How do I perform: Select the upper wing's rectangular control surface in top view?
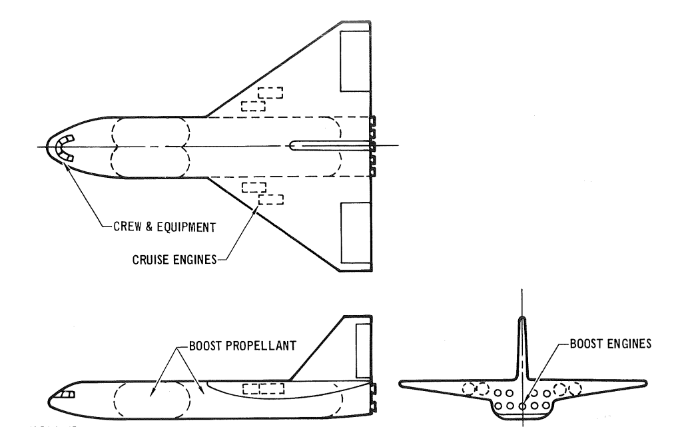(x=355, y=61)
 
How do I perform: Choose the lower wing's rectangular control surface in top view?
(x=355, y=231)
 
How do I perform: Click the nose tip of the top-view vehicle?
(x=47, y=147)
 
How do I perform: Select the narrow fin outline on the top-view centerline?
(x=330, y=145)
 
